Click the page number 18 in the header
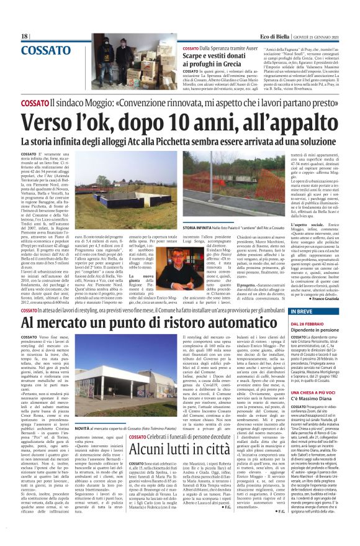point(24,37)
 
